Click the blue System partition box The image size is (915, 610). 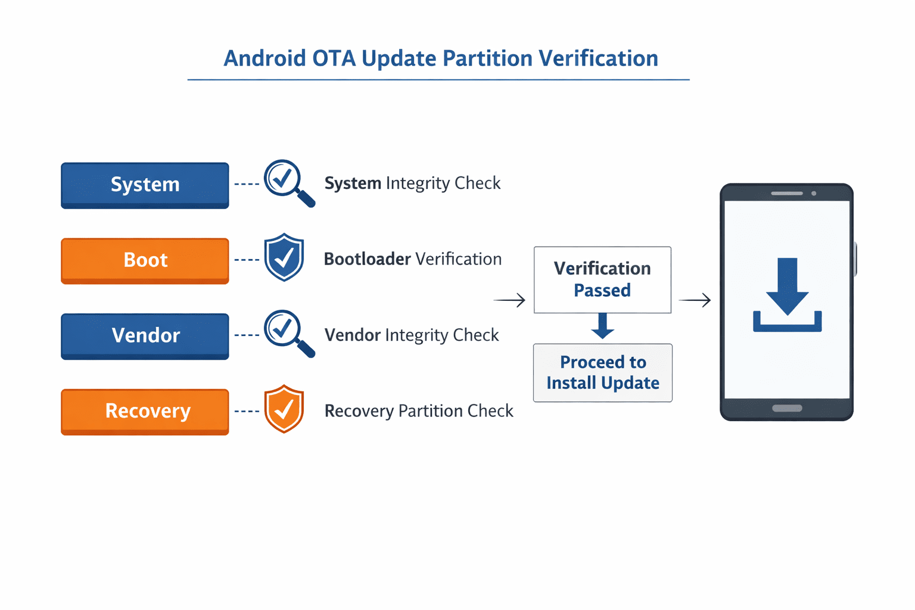pos(145,185)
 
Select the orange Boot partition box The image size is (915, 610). pos(145,260)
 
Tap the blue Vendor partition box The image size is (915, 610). pos(145,335)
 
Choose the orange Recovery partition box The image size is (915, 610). pos(145,411)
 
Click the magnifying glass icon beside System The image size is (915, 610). pos(288,182)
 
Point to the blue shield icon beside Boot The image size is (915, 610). pos(284,257)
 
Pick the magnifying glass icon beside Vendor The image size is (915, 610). pos(288,332)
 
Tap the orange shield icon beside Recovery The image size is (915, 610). pos(284,409)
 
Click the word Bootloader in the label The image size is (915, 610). pos(367,259)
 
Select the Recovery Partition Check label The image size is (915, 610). pos(418,411)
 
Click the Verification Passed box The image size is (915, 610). pos(602,279)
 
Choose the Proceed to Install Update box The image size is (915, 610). pos(602,372)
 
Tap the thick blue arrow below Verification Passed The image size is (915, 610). pos(603,326)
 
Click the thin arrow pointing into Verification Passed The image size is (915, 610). pos(510,300)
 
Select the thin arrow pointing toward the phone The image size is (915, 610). pos(695,300)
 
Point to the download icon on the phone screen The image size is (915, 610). pos(787,295)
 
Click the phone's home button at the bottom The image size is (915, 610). pos(787,408)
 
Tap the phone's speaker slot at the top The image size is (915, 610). pos(786,193)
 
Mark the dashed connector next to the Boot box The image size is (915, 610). pos(247,260)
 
